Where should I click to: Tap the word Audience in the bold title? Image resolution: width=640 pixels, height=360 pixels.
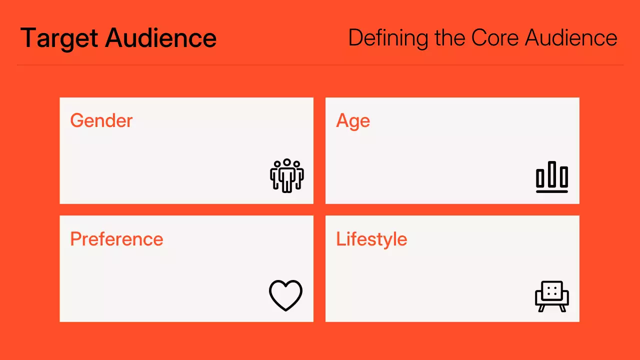161,38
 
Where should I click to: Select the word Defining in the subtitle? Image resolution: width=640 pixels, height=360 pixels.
388,38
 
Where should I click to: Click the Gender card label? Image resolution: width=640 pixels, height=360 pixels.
101,121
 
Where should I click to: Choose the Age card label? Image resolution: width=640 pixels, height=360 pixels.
353,121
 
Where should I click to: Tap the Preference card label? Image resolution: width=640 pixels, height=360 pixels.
116,239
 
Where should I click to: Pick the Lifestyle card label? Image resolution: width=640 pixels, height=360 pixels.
371,239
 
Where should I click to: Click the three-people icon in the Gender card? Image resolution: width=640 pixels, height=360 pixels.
287,175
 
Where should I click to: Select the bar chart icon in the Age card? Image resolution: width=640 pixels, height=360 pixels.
552,176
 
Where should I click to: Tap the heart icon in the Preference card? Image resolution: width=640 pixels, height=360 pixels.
286,295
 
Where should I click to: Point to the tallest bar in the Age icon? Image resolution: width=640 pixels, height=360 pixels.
552,173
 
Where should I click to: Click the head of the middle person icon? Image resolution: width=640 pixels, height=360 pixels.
287,162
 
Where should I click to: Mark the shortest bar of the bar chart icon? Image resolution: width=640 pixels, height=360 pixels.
540,178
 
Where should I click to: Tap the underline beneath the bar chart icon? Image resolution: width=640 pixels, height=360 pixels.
552,191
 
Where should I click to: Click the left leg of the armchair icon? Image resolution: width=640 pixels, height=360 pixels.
541,308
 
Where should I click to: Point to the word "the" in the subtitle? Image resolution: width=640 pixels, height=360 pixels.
449,38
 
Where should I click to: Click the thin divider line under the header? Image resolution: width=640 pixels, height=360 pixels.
320,65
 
